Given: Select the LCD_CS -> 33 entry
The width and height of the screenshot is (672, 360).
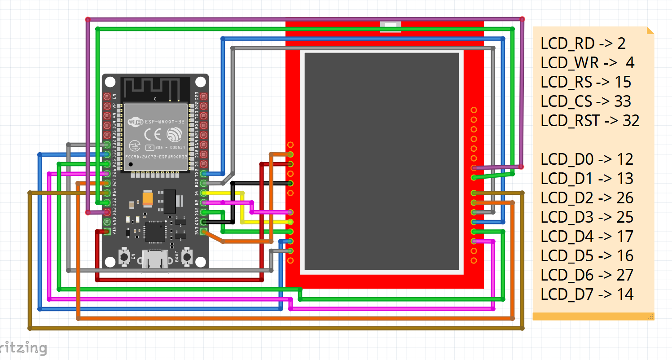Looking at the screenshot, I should click(586, 101).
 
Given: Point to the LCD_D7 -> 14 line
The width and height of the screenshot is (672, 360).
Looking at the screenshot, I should click(587, 294).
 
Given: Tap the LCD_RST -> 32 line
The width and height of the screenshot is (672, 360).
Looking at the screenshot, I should click(590, 121).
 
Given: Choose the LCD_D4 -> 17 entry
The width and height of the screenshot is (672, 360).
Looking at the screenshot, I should click(587, 237).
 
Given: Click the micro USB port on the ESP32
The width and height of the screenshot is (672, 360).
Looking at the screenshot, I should click(155, 260).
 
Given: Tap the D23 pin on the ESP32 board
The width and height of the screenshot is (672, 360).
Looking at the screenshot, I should click(204, 97).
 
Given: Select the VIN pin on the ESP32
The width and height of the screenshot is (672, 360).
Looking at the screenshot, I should click(107, 232).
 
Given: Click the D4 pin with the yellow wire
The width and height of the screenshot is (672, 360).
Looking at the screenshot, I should click(204, 193).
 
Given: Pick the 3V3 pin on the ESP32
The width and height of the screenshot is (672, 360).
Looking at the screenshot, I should click(204, 232).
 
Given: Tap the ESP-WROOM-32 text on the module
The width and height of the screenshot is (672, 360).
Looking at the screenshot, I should click(163, 121).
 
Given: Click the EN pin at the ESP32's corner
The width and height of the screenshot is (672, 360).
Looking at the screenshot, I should click(107, 97).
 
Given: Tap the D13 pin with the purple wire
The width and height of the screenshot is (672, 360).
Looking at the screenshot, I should click(107, 212).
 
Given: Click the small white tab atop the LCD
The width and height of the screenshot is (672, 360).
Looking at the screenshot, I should click(390, 26).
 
